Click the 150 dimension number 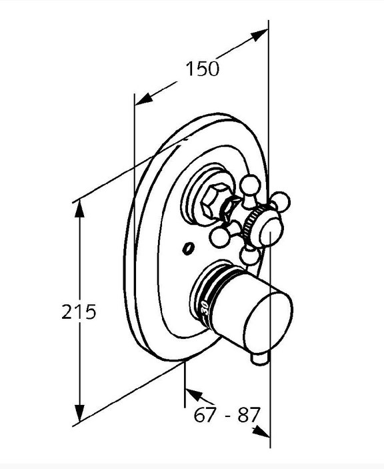(202, 69)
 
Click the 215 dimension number (79, 312)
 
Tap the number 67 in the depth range (205, 415)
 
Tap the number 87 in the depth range (248, 415)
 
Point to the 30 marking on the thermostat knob (205, 308)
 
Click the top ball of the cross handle (250, 185)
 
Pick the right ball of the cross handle (281, 201)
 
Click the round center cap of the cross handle (271, 231)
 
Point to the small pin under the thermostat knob (259, 358)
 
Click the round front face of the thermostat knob (268, 321)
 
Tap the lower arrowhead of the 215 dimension (79, 414)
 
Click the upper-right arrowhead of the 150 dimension (259, 35)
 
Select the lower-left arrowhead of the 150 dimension (144, 99)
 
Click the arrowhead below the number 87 (261, 432)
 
